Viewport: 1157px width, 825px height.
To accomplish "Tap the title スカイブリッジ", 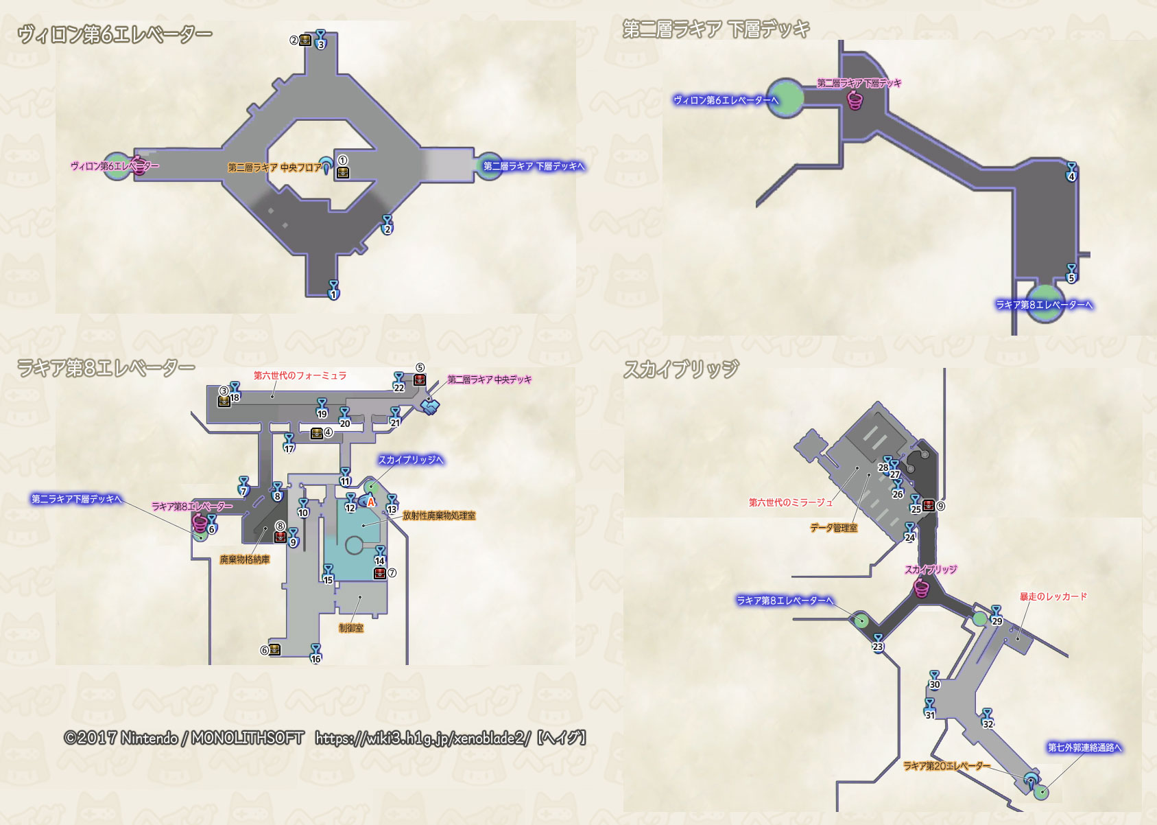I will coord(681,369).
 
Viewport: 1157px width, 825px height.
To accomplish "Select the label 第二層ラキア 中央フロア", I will coord(274,167).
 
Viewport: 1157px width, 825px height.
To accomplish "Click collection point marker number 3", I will coord(320,40).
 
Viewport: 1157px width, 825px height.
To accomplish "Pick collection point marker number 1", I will coord(333,290).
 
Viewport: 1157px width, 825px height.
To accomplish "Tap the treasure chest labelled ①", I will coord(343,172).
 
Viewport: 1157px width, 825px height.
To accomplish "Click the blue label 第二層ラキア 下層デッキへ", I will coord(534,166).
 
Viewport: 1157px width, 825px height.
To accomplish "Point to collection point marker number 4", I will coord(1071,172).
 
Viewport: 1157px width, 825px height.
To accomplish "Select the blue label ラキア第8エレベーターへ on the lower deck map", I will coord(1044,305).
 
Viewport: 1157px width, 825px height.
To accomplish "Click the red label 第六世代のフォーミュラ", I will coord(300,375).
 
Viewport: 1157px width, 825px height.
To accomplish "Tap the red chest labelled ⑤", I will coord(420,380).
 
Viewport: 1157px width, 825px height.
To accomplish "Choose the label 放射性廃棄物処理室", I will coord(439,515).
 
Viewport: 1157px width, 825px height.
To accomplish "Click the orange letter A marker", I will coord(371,502).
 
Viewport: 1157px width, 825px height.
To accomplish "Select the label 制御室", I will coord(351,628).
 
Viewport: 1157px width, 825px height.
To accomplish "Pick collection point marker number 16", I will coord(315,653).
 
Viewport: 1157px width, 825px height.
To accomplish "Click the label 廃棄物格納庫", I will coord(244,559).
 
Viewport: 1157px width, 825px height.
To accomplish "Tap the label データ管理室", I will coord(833,528).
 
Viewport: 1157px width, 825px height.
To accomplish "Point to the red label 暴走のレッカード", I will coord(1053,596).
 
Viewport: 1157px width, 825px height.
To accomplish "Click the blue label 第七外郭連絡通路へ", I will coord(1084,747).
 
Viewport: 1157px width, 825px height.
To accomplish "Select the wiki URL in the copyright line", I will coord(422,739).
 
